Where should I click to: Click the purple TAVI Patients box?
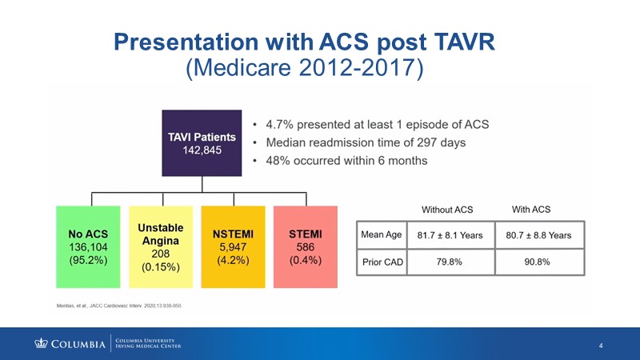pos(202,142)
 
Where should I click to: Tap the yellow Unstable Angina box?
pos(160,247)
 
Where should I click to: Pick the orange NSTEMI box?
pos(233,247)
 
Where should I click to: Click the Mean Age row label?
pos(382,235)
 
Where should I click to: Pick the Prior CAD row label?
pos(382,262)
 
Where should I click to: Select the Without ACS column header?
pos(447,210)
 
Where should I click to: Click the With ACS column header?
pos(531,210)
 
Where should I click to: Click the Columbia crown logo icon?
pos(41,344)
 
